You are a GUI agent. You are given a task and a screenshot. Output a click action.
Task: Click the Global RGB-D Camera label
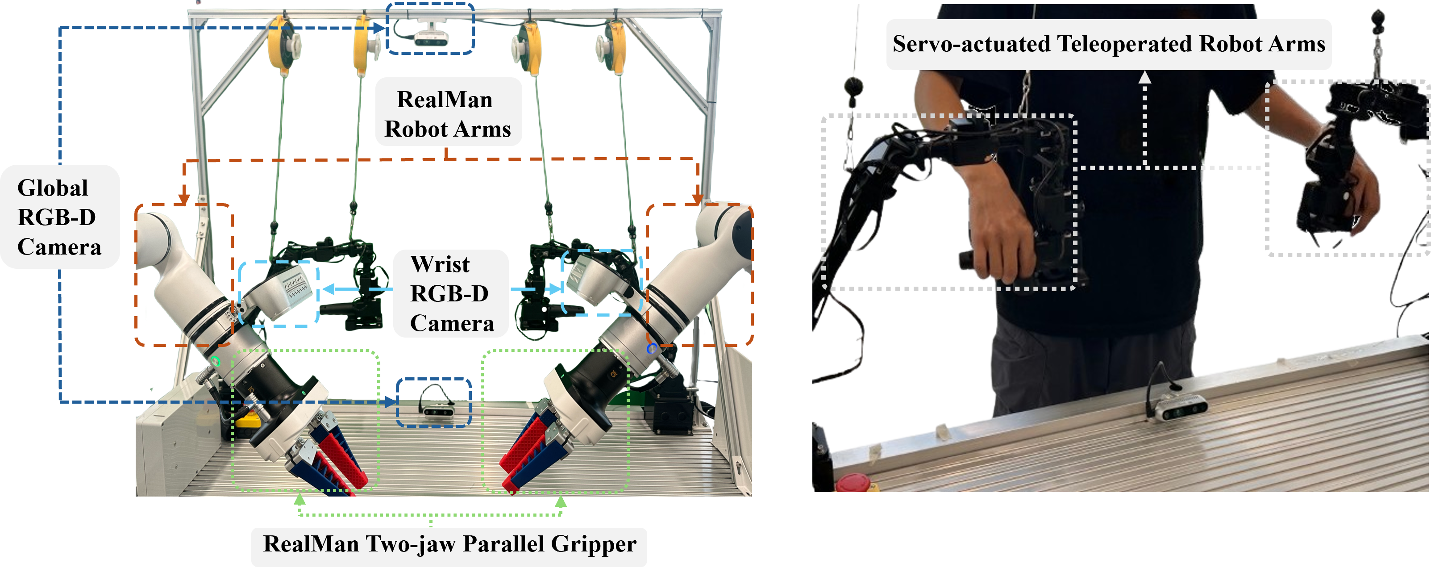coord(59,217)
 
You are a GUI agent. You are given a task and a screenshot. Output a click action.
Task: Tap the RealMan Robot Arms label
coord(448,114)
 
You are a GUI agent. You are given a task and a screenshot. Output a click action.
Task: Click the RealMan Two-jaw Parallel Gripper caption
coord(449,544)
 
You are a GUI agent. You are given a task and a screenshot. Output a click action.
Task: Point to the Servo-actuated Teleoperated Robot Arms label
coord(1108,44)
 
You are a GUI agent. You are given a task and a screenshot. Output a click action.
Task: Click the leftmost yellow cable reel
coord(283,46)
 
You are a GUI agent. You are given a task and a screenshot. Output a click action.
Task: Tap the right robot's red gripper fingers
coord(525,453)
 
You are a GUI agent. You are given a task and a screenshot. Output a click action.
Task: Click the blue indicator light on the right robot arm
coord(652,349)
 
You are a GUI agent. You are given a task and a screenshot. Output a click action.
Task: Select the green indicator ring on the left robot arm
coord(216,361)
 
